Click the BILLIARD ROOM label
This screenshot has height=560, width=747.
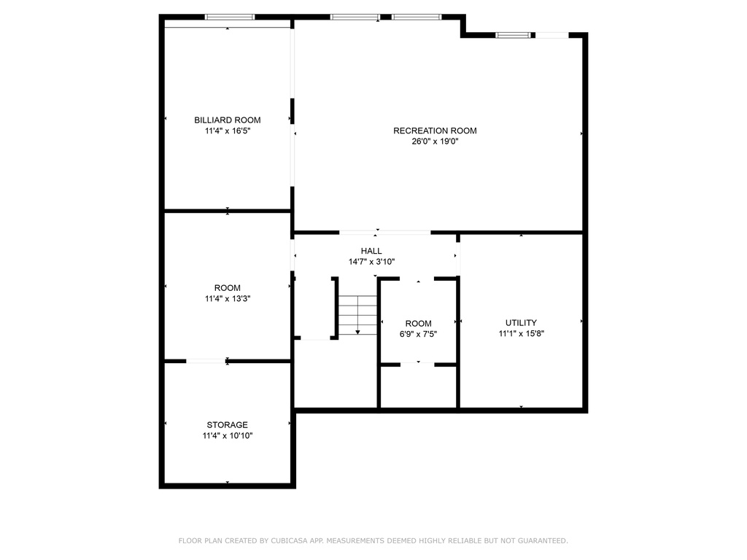pos(228,120)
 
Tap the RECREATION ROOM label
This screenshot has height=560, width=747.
pos(435,131)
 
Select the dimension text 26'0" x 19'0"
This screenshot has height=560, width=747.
pos(435,141)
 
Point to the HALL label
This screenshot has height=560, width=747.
pos(371,251)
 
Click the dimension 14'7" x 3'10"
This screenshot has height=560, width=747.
pos(371,262)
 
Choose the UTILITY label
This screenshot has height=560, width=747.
pos(521,323)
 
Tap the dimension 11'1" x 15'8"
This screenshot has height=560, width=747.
pos(521,334)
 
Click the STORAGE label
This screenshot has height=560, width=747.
pos(228,425)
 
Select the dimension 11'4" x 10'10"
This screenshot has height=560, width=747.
pos(228,436)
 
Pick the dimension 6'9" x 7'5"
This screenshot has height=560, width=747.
pos(418,334)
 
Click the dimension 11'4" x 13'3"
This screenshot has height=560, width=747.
pos(228,299)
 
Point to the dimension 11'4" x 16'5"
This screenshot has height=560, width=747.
pos(228,131)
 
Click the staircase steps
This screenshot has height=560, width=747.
pos(357,315)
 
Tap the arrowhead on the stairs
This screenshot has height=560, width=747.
pos(357,332)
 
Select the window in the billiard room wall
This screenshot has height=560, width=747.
pos(230,17)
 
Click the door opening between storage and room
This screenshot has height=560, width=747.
pos(206,362)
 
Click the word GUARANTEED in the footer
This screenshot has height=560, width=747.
pos(543,541)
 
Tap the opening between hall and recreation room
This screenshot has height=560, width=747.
pos(385,233)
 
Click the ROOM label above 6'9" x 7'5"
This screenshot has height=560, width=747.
pos(418,324)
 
